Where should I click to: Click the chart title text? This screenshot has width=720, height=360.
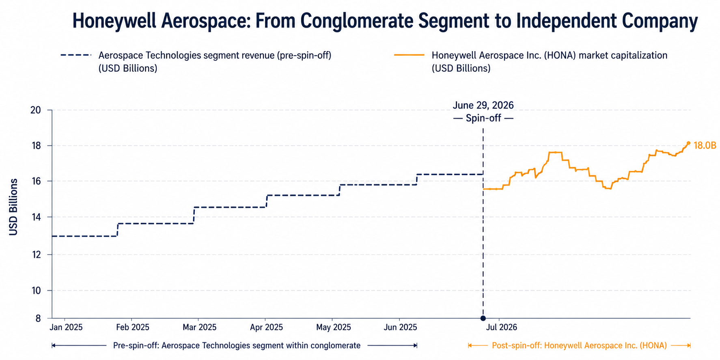click(385, 21)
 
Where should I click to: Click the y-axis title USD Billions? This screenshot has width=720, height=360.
click(13, 207)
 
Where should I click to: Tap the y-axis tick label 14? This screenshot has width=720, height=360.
click(36, 217)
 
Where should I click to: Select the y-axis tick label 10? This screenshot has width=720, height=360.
click(36, 291)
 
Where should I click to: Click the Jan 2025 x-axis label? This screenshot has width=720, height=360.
click(66, 327)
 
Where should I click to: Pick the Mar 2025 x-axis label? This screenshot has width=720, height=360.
click(199, 327)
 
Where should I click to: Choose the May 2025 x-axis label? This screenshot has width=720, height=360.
click(334, 327)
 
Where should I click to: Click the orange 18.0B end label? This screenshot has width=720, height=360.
click(705, 145)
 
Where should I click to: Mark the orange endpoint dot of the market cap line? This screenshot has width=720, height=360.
click(688, 143)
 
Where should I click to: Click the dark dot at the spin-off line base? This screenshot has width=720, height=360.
click(483, 318)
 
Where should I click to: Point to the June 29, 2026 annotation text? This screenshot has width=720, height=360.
click(483, 106)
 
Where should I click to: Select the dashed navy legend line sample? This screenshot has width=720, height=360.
click(76, 55)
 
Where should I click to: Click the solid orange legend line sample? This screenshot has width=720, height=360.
click(409, 55)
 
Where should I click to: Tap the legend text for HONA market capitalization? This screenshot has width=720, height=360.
click(550, 62)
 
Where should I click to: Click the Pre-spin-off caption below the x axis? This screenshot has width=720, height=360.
click(237, 345)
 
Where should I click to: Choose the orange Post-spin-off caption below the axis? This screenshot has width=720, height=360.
click(579, 345)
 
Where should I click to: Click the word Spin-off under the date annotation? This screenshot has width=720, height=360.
click(483, 119)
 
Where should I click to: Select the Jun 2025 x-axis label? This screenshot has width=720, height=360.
click(400, 327)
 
